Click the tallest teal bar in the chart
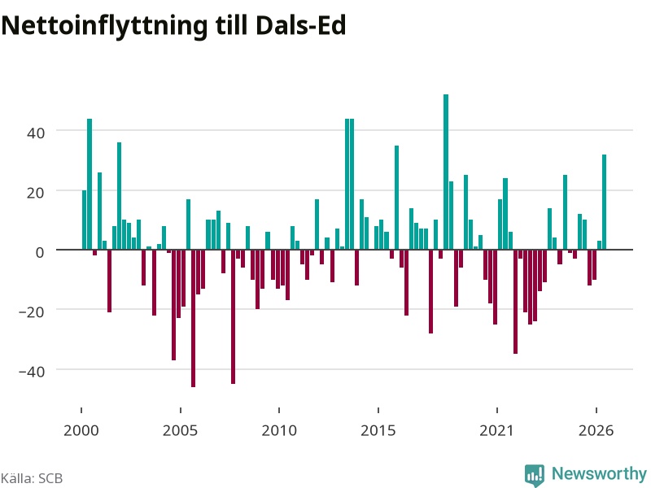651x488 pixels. coord(446,172)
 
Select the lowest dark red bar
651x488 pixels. coord(193,318)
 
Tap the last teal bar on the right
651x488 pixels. coord(604,202)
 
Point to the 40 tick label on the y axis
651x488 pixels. coord(35,133)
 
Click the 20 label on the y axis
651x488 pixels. coord(35,193)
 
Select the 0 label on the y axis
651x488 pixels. coord(40,252)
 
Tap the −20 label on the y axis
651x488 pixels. coord(32,312)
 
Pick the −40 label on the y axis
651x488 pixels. coord(32,372)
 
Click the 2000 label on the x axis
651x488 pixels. coord(81,430)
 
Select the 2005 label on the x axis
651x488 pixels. coord(180,430)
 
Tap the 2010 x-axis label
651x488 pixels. coord(279,430)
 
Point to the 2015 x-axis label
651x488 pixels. coord(378,430)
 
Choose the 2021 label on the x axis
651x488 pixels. coord(497,430)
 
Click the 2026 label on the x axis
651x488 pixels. coord(596,430)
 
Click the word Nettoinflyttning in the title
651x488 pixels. coord(104,26)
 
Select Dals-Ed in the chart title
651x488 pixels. coord(300,25)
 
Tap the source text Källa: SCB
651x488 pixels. coord(32,478)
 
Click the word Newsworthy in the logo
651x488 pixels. coord(599,473)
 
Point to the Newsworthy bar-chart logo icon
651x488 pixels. coord(535,475)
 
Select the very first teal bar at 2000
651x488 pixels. coord(85,220)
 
